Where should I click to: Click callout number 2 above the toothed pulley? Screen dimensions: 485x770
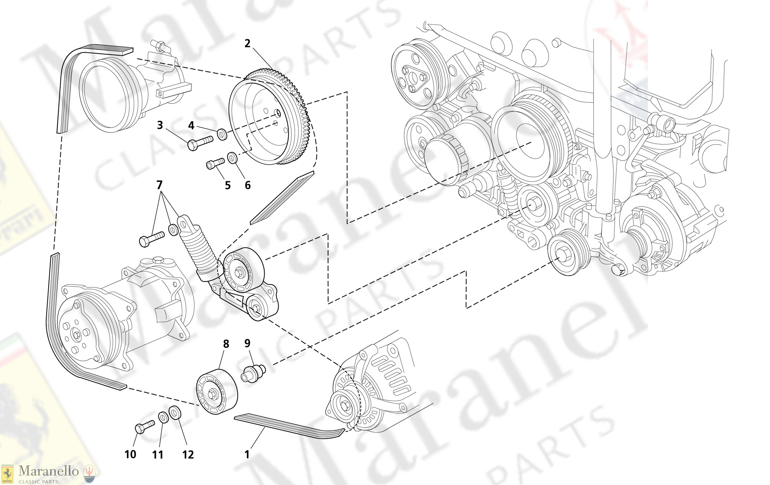coord(247,43)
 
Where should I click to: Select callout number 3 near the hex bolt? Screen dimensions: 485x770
coord(160,125)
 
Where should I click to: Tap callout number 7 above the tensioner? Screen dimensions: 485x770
coord(159,185)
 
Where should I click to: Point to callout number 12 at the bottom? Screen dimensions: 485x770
coord(188,454)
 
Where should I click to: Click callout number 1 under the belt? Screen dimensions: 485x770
coord(247,454)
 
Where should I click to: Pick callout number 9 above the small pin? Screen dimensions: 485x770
coord(247,343)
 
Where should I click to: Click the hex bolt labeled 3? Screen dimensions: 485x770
coord(200,143)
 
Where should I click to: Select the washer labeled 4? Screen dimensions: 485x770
coord(222,134)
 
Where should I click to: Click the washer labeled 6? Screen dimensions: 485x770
coord(232,158)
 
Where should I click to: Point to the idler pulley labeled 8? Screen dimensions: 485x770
coord(217,392)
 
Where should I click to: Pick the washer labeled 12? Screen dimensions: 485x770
coord(175,412)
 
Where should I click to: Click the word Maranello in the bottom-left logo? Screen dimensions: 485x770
coord(49,471)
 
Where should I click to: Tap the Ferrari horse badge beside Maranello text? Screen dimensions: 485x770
coord(7,474)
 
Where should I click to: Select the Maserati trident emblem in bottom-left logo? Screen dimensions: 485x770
coord(89,474)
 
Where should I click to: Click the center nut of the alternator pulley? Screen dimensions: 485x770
coord(345,406)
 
